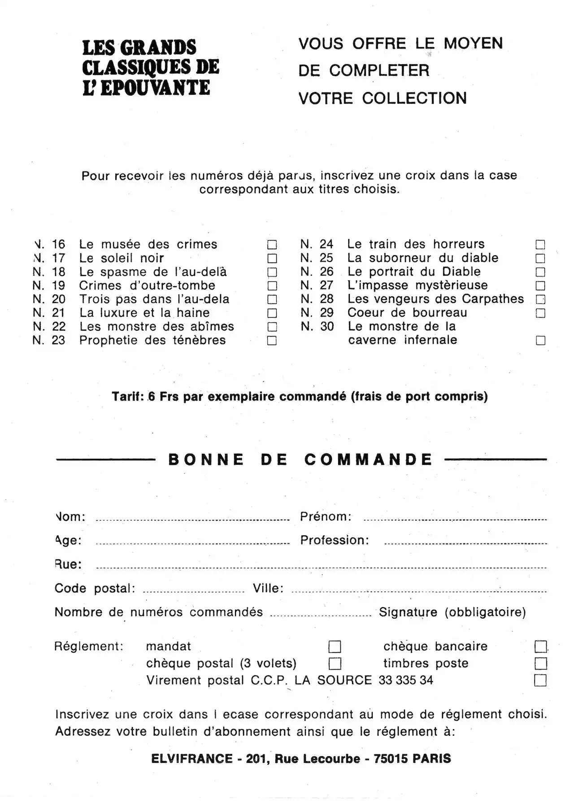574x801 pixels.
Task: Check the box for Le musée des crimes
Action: (x=272, y=245)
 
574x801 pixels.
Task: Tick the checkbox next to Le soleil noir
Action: (x=272, y=258)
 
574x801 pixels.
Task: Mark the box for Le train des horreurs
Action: (x=540, y=245)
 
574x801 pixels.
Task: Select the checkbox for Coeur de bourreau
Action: (x=540, y=313)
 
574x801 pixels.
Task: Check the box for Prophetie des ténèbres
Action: (x=272, y=341)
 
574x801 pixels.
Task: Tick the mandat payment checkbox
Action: (x=335, y=647)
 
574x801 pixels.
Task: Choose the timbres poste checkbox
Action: (x=541, y=663)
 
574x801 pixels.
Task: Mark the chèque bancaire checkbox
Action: (x=541, y=647)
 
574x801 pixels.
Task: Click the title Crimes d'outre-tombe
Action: (x=147, y=285)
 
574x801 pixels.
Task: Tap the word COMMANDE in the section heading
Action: (x=369, y=460)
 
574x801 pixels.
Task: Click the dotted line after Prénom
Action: (x=455, y=520)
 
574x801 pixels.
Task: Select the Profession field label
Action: (x=335, y=540)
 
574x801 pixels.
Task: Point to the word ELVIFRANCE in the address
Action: (x=192, y=759)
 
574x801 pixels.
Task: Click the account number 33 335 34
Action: (x=406, y=680)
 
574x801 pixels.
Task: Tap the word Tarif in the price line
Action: (x=127, y=397)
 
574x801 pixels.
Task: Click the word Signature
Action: (x=408, y=612)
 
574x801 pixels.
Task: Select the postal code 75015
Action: (x=391, y=759)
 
